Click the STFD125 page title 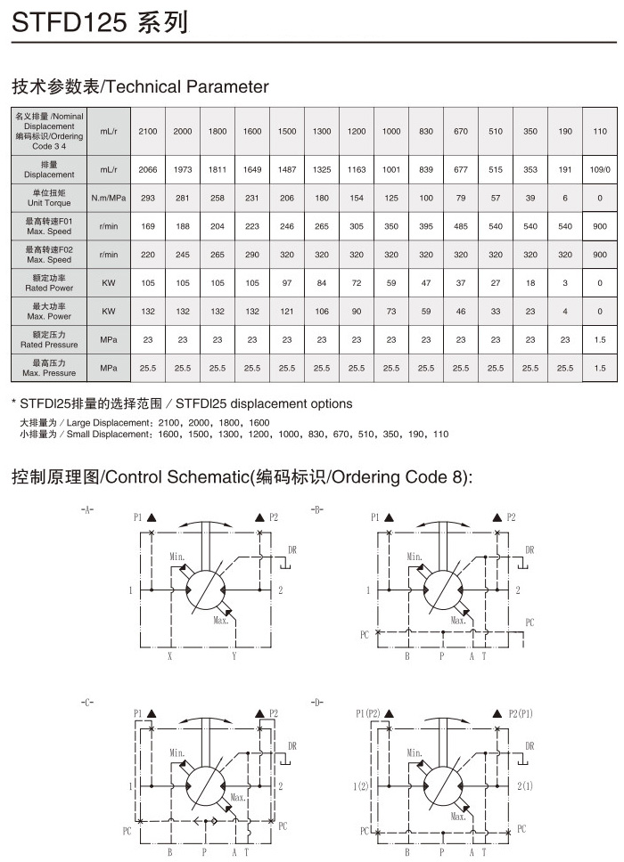pos(99,22)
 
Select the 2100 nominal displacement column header pos(148,132)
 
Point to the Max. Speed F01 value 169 pos(148,226)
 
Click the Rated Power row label pos(48,282)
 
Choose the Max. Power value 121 pos(287,312)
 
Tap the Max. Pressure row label pos(48,368)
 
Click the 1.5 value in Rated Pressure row pos(600,339)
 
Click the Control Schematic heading pos(241,477)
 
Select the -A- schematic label pos(86,510)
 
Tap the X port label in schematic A pos(170,656)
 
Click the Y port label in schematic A pos(234,656)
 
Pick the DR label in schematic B pos(530,550)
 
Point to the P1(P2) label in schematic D pos(367,713)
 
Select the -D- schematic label pos(316,703)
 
